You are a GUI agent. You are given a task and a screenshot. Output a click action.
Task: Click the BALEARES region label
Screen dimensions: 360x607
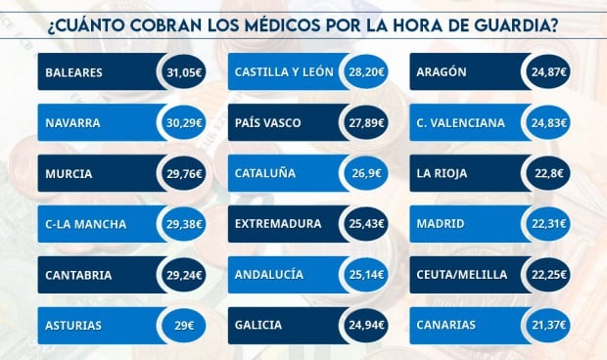pyautogui.click(x=73, y=73)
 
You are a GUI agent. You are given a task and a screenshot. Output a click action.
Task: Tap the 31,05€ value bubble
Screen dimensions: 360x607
pyautogui.click(x=184, y=73)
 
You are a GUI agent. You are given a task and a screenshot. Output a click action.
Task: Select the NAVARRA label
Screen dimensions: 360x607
pyautogui.click(x=73, y=123)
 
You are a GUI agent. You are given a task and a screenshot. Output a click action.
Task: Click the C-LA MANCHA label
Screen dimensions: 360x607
pyautogui.click(x=85, y=224)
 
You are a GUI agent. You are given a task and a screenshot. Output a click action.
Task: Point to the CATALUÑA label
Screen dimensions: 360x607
pyautogui.click(x=264, y=174)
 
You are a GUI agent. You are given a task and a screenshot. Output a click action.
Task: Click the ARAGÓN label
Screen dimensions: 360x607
pyautogui.click(x=442, y=73)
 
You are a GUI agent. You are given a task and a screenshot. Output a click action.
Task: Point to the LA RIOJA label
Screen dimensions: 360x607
pyautogui.click(x=443, y=174)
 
